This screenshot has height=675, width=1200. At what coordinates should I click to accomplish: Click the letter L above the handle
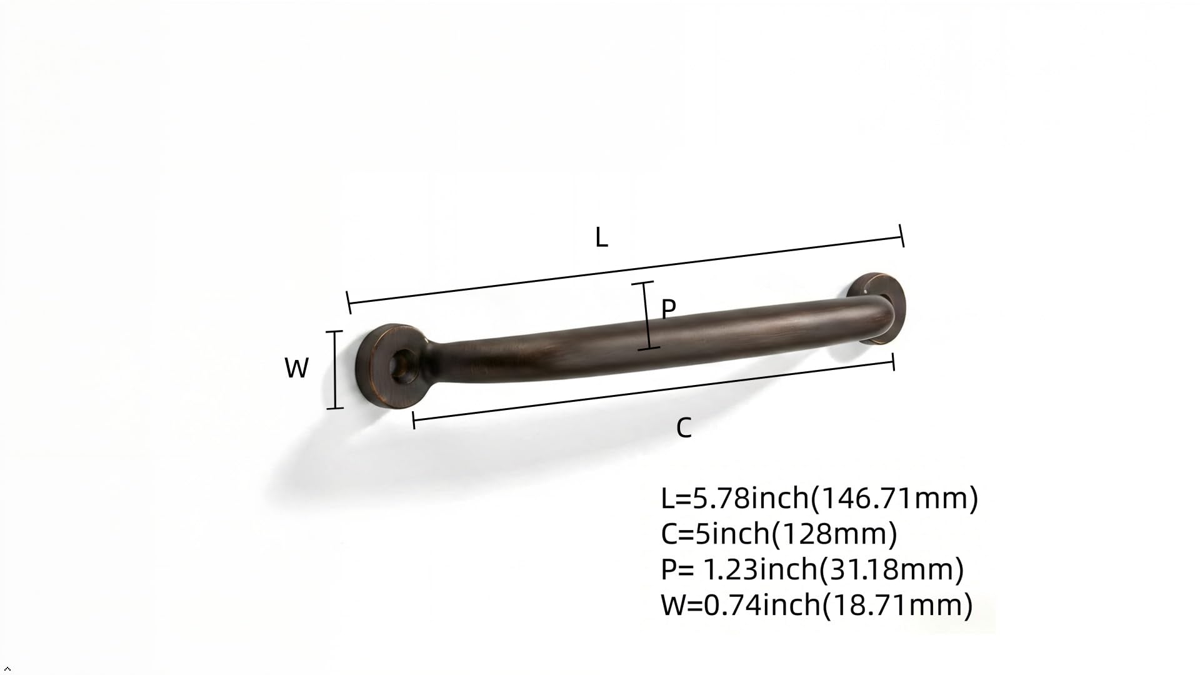601,237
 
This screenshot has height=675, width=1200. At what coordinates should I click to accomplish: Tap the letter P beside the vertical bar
668,309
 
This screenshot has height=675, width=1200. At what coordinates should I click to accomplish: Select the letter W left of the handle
296,368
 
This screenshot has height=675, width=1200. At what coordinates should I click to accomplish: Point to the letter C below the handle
684,428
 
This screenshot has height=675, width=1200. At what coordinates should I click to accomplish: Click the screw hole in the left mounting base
402,366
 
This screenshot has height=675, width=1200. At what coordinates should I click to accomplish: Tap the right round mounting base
881,307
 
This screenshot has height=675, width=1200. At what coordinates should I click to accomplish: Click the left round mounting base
391,366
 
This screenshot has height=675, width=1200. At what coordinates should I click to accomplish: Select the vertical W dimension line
336,370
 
